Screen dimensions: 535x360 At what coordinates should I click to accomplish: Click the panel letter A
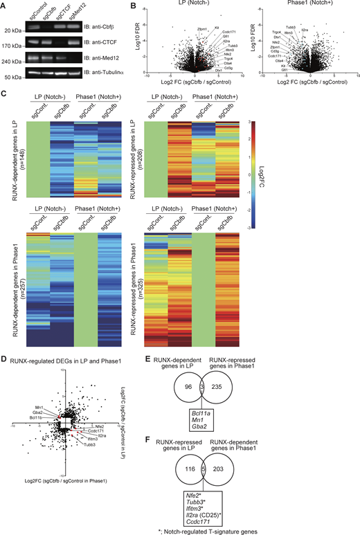pyautogui.click(x=5, y=6)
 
